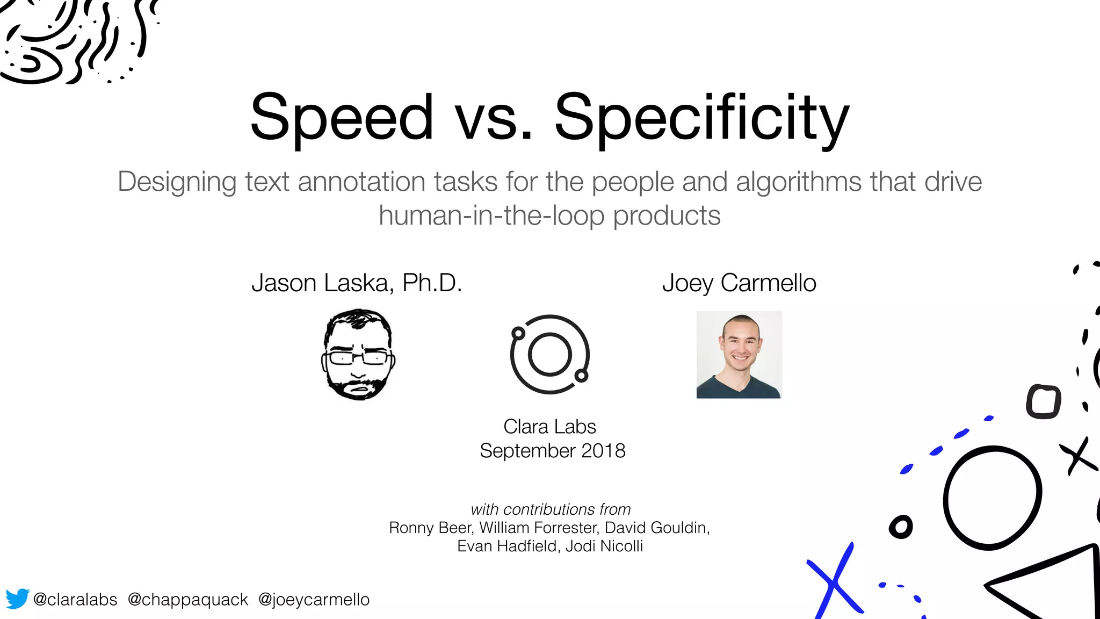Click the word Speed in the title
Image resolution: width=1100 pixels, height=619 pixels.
click(x=342, y=117)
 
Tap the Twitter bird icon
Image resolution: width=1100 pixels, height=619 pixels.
click(x=17, y=599)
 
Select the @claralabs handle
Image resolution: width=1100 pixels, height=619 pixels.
click(x=75, y=599)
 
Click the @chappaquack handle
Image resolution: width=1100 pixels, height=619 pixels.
click(x=187, y=599)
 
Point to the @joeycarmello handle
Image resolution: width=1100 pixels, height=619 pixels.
click(x=314, y=599)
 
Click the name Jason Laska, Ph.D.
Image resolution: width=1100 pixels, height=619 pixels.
click(x=357, y=283)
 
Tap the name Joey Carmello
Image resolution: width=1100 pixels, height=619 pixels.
click(x=739, y=283)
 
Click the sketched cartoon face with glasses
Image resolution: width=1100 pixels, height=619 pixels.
click(x=358, y=354)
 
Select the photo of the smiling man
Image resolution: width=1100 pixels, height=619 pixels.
click(x=739, y=355)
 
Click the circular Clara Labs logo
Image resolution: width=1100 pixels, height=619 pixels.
click(x=549, y=354)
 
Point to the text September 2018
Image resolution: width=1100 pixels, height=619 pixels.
click(x=552, y=450)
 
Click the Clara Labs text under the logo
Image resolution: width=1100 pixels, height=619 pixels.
click(x=549, y=427)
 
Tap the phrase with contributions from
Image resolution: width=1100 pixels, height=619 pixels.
click(x=550, y=509)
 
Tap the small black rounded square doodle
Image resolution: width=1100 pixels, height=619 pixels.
click(x=1043, y=401)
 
